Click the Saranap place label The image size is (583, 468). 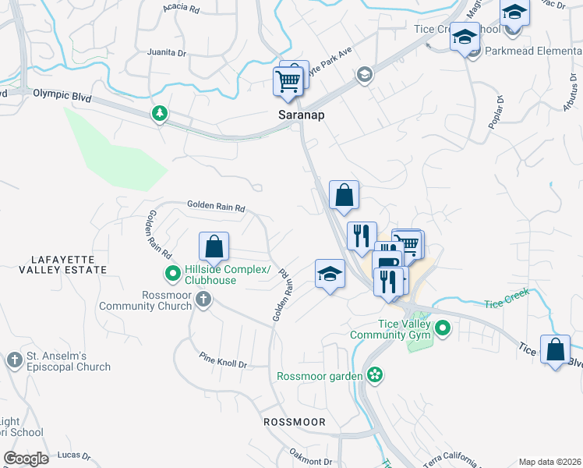pyautogui.click(x=301, y=115)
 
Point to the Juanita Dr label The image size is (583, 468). pyautogui.click(x=167, y=53)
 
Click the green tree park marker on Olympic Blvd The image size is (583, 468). pyautogui.click(x=160, y=114)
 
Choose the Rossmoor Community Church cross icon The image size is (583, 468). pyautogui.click(x=203, y=299)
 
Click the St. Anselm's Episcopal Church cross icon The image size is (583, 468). pyautogui.click(x=15, y=360)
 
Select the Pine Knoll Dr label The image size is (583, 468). pyautogui.click(x=222, y=364)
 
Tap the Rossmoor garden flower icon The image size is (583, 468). pyautogui.click(x=375, y=376)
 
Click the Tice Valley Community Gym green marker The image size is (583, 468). pyautogui.click(x=443, y=328)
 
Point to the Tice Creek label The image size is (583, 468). pyautogui.click(x=507, y=298)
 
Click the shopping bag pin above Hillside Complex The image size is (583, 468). pyautogui.click(x=214, y=247)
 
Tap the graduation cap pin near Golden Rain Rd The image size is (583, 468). pyautogui.click(x=330, y=274)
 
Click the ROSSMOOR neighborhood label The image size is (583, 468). pyautogui.click(x=294, y=421)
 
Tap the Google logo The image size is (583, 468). pyautogui.click(x=26, y=459)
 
